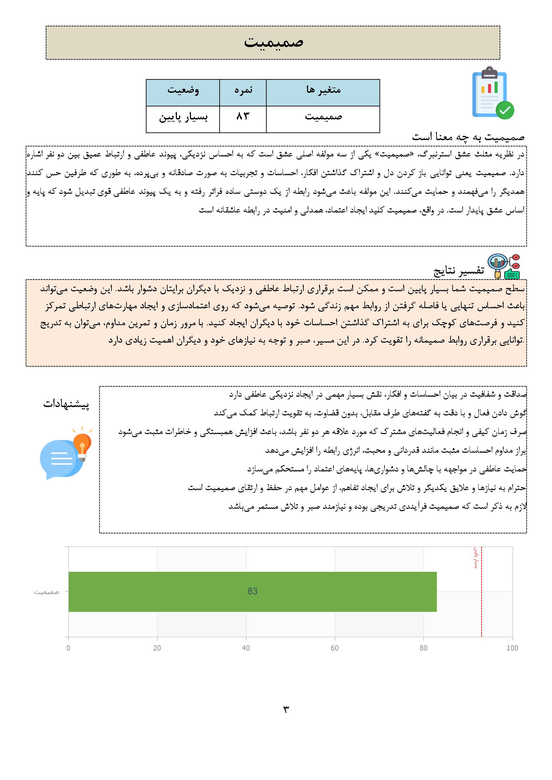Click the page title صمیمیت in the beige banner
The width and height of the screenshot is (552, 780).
[x=273, y=42]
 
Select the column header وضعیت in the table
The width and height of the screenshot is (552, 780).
[x=183, y=90]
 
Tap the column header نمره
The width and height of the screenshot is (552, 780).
[x=243, y=90]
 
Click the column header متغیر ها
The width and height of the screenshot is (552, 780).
[x=323, y=90]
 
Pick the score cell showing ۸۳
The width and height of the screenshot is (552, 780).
[x=243, y=116]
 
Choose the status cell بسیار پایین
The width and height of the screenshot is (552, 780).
[x=183, y=117]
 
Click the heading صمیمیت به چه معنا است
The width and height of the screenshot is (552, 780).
[x=468, y=137]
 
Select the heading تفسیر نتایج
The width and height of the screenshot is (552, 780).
[x=459, y=271]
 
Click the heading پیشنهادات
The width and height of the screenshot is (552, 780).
[x=66, y=404]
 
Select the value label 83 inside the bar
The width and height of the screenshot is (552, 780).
[x=252, y=592]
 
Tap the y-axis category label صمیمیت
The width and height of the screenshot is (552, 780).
[x=47, y=592]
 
